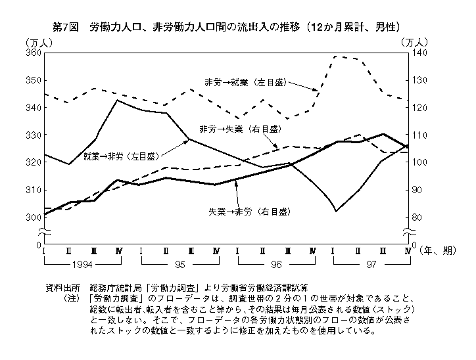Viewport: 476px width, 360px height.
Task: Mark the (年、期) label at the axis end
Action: point(437,251)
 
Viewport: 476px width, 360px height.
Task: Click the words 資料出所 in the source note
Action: point(62,288)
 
